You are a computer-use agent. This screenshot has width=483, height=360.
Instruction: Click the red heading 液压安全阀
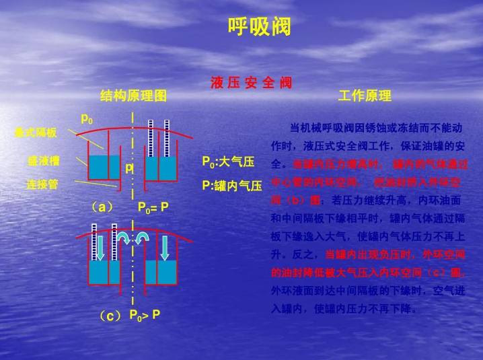(x=251, y=83)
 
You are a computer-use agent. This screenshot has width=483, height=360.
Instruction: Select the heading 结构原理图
(x=133, y=96)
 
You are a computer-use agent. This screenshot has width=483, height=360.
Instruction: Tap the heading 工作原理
(x=365, y=96)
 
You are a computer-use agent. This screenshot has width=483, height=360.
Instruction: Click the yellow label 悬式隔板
(x=36, y=133)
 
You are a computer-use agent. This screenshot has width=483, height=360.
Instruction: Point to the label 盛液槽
(x=43, y=161)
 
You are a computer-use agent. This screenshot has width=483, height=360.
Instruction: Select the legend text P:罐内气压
(x=231, y=186)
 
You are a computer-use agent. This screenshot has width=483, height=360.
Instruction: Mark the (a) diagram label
(x=102, y=207)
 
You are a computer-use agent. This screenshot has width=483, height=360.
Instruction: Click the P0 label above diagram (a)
(x=87, y=119)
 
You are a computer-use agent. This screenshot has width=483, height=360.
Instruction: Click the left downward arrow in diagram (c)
(x=99, y=248)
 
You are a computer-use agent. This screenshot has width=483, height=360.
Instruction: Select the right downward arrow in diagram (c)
(x=164, y=248)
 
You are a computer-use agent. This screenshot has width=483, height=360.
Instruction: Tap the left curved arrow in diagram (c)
(x=124, y=238)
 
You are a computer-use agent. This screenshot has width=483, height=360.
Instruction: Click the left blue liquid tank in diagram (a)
(x=104, y=168)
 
